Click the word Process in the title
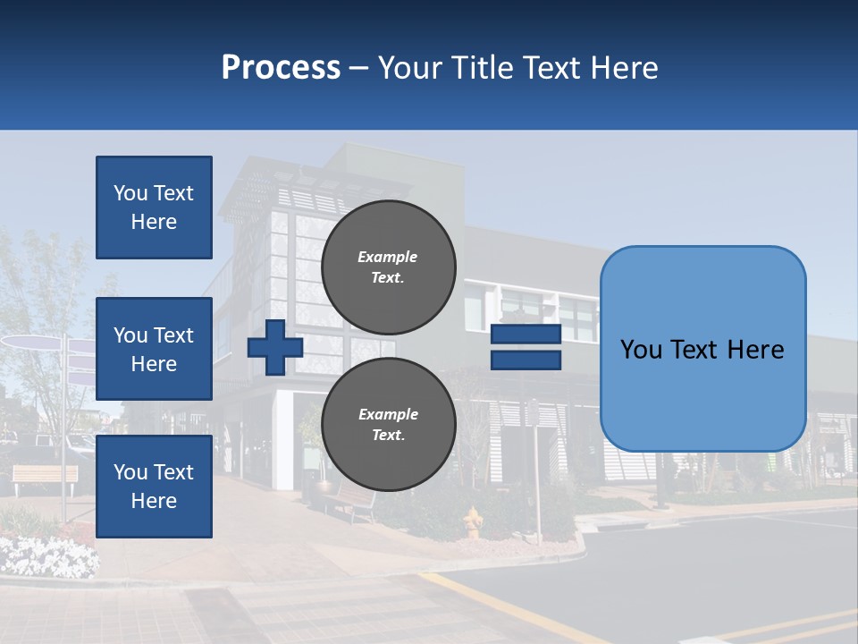[x=281, y=68]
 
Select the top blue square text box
[x=154, y=208]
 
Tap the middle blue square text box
[x=154, y=349]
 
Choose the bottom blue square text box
[x=154, y=487]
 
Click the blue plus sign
[x=274, y=348]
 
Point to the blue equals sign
[x=526, y=347]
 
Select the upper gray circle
[x=388, y=267]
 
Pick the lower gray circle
[x=388, y=424]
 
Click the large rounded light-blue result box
[x=702, y=349]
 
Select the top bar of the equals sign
[x=526, y=335]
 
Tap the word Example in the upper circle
[x=388, y=257]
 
